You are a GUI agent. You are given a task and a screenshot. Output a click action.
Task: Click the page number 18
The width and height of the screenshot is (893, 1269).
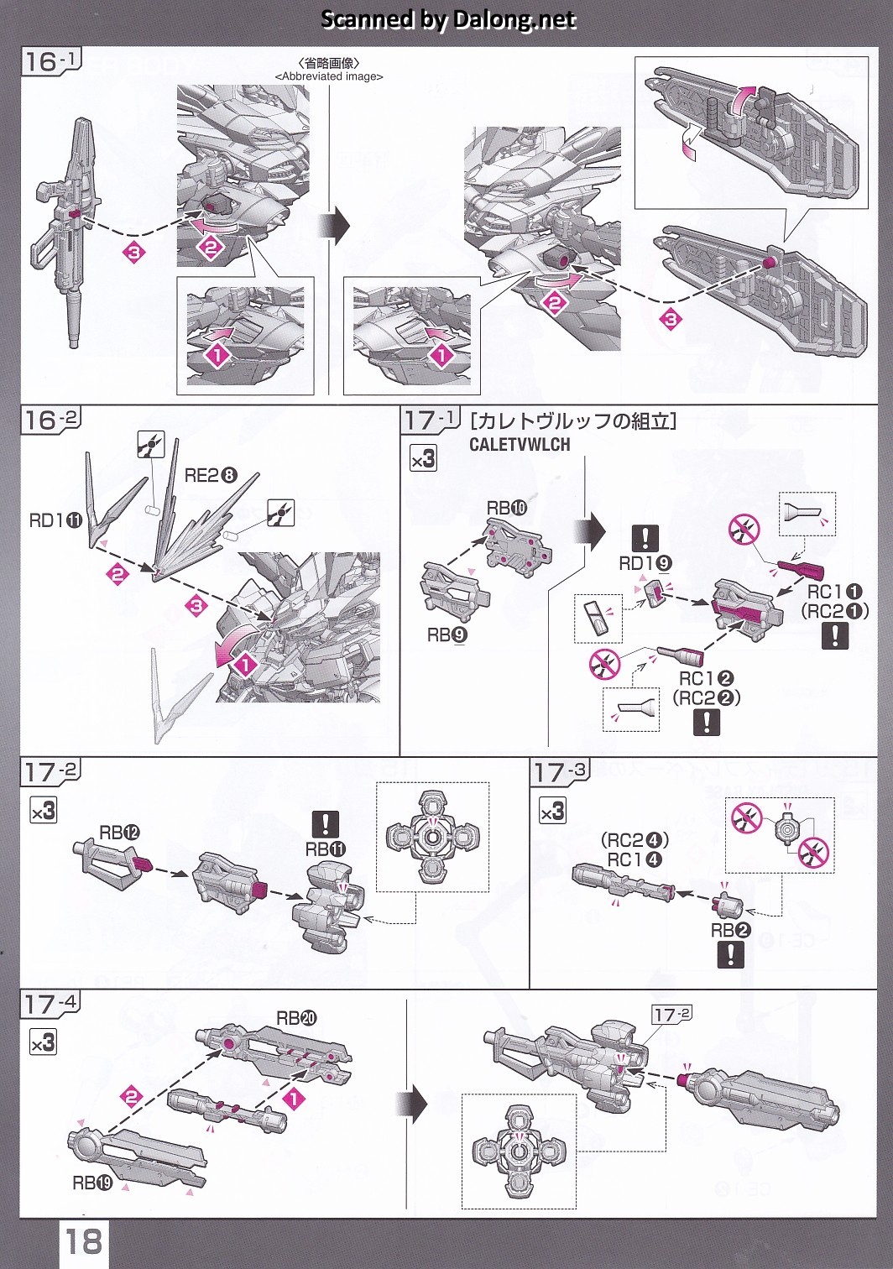pyautogui.click(x=85, y=1240)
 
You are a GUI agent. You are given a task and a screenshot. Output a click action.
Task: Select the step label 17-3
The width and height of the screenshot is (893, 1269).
pyautogui.click(x=561, y=772)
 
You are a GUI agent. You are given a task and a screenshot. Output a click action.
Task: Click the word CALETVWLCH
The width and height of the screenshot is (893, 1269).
pyautogui.click(x=520, y=445)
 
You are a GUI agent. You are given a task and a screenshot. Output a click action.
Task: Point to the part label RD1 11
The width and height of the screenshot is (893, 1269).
pyautogui.click(x=55, y=521)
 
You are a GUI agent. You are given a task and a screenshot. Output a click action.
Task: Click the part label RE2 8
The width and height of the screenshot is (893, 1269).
pyautogui.click(x=211, y=476)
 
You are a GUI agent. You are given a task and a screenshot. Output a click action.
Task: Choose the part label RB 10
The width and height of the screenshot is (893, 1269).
pyautogui.click(x=507, y=508)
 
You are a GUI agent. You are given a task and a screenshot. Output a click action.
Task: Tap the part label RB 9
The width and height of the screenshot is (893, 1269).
pyautogui.click(x=447, y=635)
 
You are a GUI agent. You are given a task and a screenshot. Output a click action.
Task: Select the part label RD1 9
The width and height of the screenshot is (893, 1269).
pyautogui.click(x=645, y=563)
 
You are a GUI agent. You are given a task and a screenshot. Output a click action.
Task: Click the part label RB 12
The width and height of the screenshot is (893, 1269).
pyautogui.click(x=119, y=833)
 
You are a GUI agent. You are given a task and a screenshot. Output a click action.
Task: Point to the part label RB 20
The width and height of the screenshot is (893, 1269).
pyautogui.click(x=296, y=1018)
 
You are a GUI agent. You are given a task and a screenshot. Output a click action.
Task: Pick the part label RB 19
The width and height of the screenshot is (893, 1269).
pyautogui.click(x=92, y=1183)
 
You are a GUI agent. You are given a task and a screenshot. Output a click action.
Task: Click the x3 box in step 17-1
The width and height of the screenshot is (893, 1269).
pyautogui.click(x=423, y=458)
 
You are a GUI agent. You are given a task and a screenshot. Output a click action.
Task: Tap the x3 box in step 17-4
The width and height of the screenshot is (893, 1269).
pyautogui.click(x=44, y=1042)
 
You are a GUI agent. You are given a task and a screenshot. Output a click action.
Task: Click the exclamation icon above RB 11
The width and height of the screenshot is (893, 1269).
pyautogui.click(x=325, y=824)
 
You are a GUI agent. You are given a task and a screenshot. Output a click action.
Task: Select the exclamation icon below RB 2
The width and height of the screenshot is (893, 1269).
pyautogui.click(x=731, y=954)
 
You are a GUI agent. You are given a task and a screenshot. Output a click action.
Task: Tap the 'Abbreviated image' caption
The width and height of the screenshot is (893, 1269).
pyautogui.click(x=329, y=76)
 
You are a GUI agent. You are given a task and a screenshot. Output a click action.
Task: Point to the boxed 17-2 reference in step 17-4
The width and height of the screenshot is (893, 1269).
pyautogui.click(x=671, y=1015)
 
